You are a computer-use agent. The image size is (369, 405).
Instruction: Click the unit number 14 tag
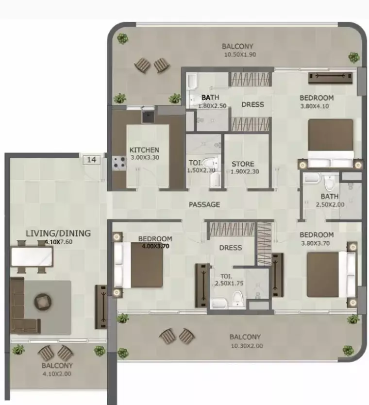[x=91, y=160]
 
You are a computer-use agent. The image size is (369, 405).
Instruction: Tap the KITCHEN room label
[x=144, y=150]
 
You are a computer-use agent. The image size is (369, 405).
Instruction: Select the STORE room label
[x=243, y=164]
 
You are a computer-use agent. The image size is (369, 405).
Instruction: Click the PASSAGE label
[x=204, y=204]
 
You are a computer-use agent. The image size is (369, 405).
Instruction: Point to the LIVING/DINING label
[x=58, y=233]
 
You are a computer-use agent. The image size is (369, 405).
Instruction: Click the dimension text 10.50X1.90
[x=240, y=54]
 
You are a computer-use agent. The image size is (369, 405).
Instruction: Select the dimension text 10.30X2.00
[x=247, y=346]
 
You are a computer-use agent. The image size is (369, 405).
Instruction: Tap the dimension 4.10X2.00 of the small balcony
[x=56, y=373]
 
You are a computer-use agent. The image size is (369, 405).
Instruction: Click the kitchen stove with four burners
[x=119, y=163]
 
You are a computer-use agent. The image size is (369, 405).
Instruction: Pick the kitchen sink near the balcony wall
[x=148, y=117]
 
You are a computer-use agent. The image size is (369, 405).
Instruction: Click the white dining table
[x=32, y=257]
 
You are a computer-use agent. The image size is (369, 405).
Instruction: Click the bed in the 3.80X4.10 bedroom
[x=331, y=143]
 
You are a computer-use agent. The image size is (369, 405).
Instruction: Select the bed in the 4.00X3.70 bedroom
[x=139, y=265]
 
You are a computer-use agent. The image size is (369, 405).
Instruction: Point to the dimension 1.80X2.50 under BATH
[x=212, y=106]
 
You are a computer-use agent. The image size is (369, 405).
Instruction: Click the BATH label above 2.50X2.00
[x=330, y=197]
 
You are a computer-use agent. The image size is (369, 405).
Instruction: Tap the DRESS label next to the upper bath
[x=253, y=104]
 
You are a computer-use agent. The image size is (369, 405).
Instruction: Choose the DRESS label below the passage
[x=231, y=248]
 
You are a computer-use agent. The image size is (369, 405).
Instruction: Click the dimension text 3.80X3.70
[x=315, y=243]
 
